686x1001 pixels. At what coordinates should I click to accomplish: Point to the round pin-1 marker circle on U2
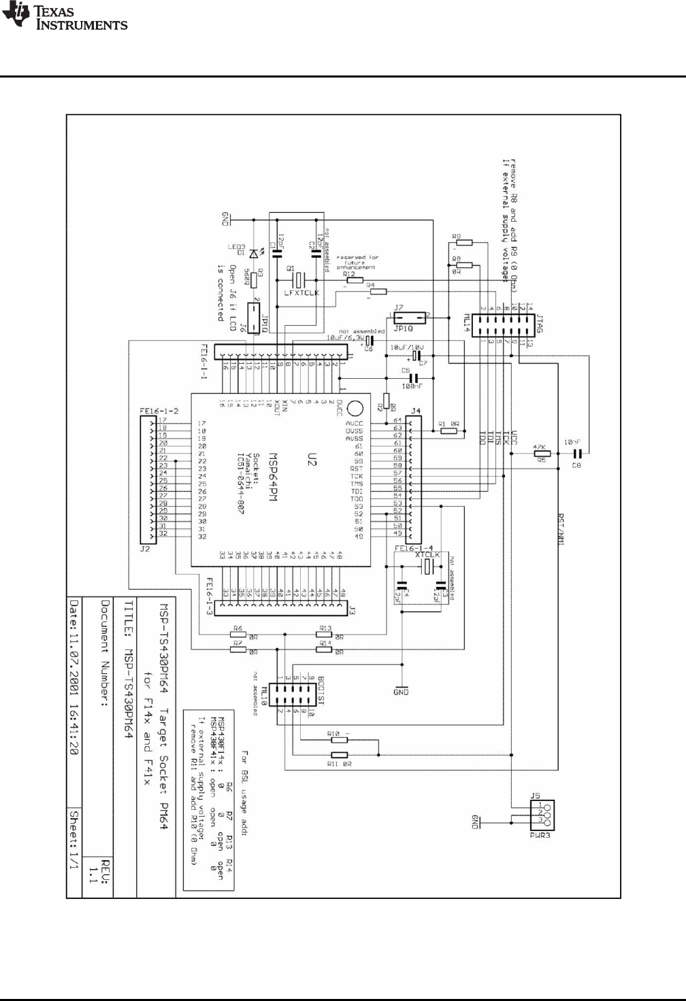[354, 409]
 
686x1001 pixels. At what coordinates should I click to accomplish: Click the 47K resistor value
[541, 449]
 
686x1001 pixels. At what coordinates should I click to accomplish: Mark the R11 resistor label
[333, 764]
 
